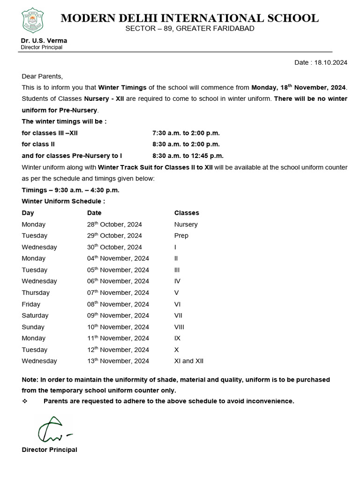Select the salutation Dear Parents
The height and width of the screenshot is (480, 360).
(42, 76)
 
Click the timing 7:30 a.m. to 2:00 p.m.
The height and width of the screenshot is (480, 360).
(186, 133)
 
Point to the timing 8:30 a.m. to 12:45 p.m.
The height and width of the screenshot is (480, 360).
(188, 156)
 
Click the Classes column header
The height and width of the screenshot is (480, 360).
(187, 213)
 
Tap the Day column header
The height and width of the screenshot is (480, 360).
(28, 213)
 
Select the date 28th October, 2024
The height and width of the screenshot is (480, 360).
(114, 225)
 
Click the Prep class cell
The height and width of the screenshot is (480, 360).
(181, 236)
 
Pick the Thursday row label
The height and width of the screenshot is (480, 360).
(36, 292)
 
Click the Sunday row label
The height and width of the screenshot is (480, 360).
(33, 327)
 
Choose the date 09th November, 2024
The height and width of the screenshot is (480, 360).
(118, 315)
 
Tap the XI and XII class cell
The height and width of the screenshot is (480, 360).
(189, 361)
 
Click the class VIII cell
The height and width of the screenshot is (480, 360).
(180, 327)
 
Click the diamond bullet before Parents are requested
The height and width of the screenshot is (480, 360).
(25, 401)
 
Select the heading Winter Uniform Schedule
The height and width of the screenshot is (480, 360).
(63, 202)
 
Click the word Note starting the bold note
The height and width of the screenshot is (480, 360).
(30, 380)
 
